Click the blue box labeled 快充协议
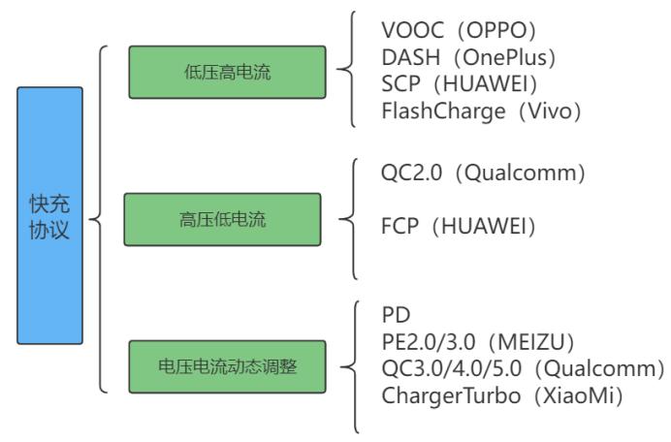tap(49, 215)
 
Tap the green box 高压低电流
tap(222, 219)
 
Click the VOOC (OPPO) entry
tap(461, 26)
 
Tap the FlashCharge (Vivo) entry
tap(481, 111)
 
